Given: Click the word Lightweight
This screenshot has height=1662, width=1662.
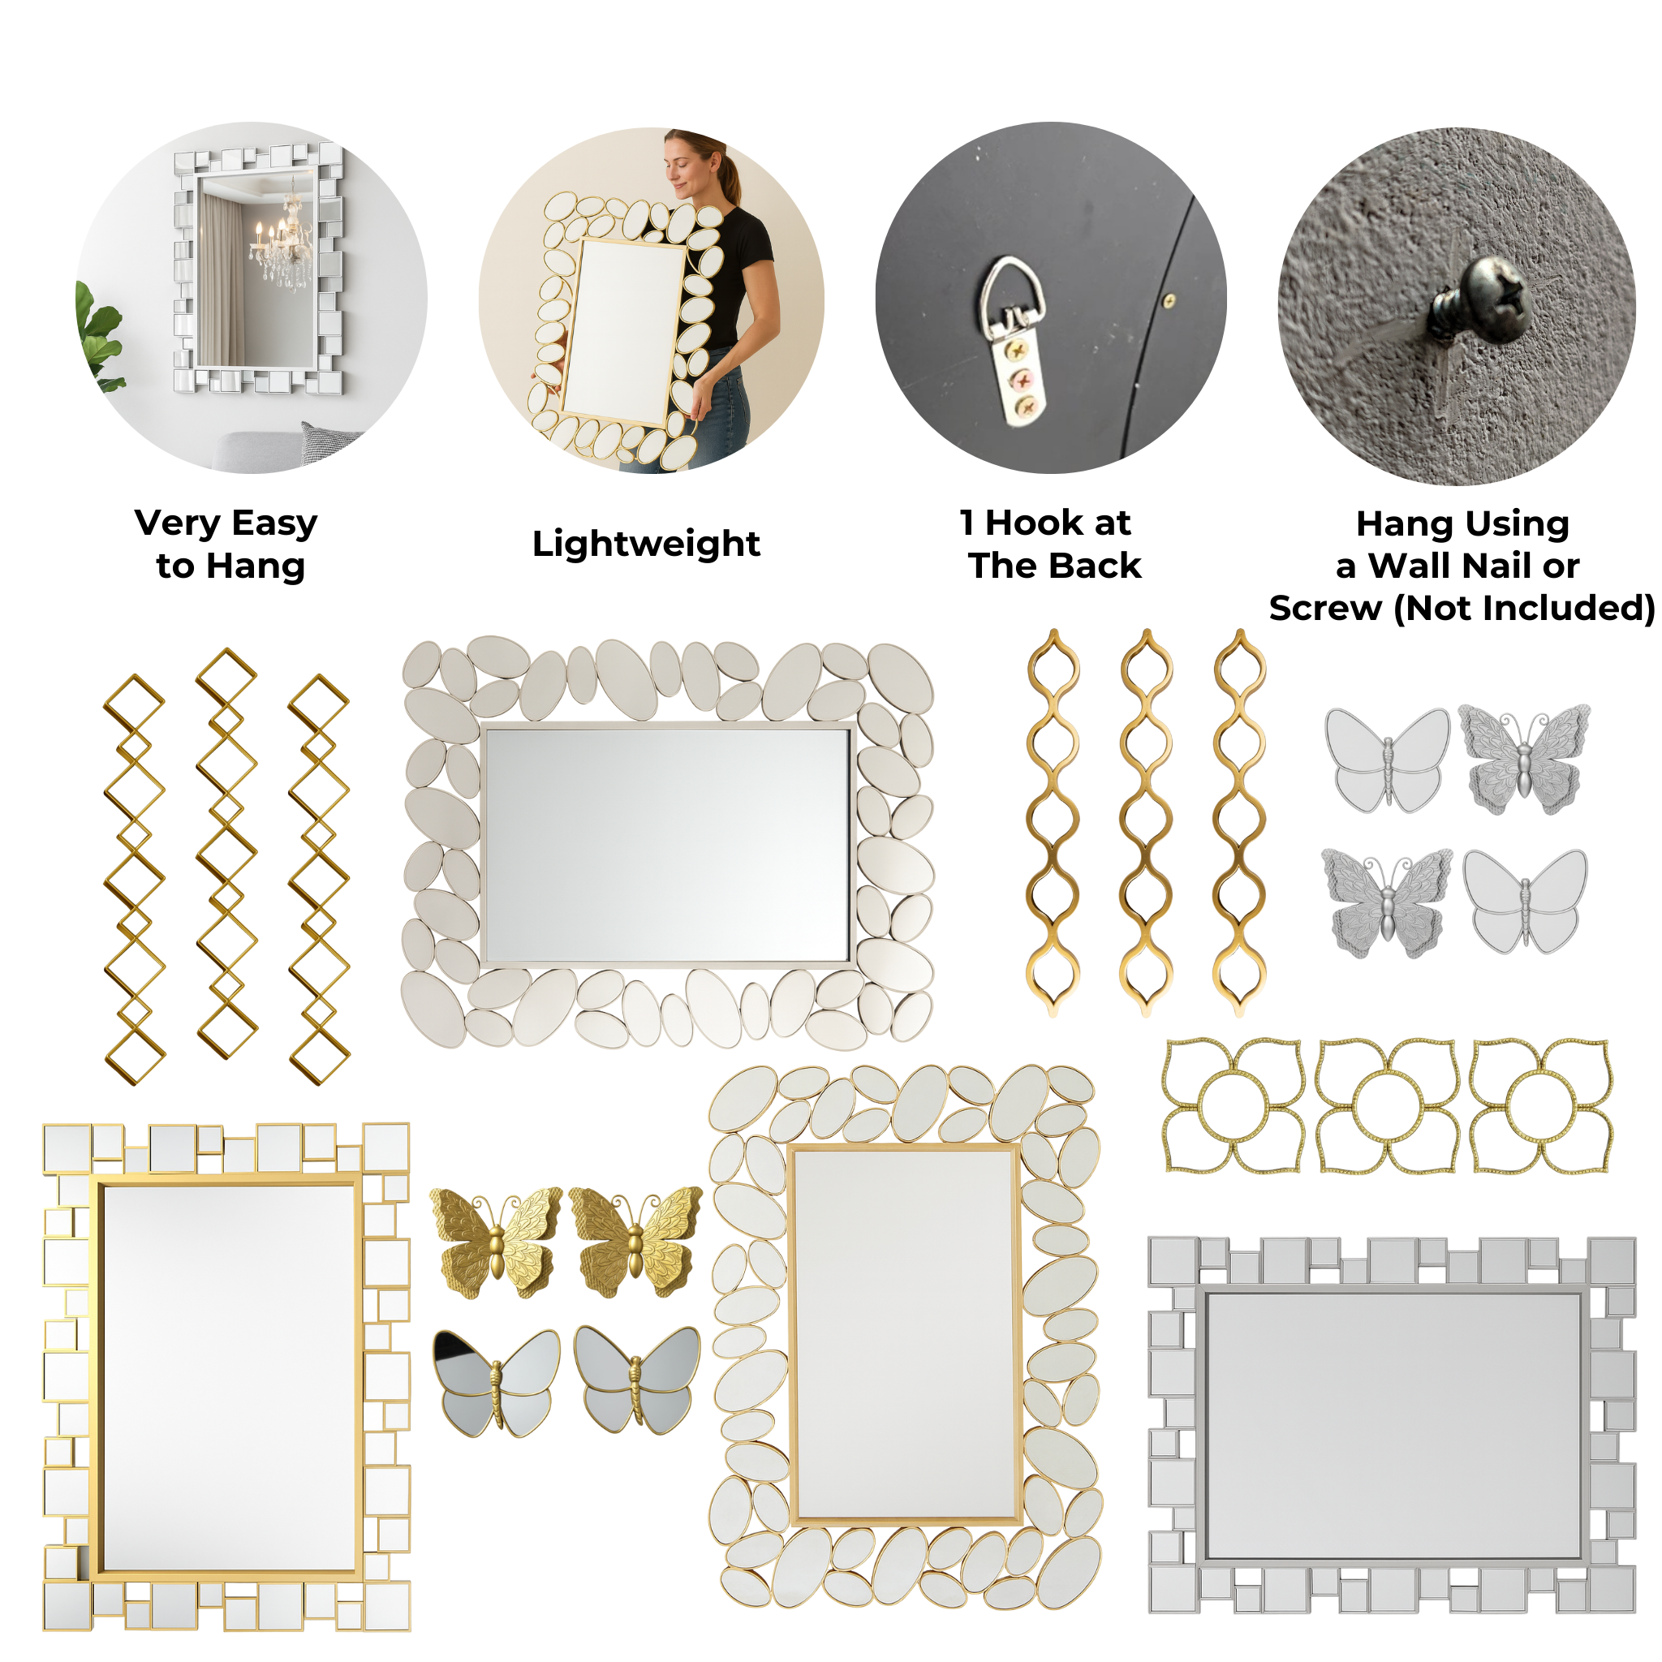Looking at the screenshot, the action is click(646, 545).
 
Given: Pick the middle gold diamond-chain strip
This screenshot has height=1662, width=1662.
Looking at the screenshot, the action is click(226, 854).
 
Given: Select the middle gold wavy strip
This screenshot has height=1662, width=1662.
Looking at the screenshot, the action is click(1147, 822).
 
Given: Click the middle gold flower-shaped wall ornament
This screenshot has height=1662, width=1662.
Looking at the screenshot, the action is click(1387, 1105).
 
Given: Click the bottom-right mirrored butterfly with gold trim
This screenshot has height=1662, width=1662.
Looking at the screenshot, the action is click(636, 1380).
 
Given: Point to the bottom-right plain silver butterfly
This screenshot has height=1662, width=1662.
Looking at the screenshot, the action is click(1525, 902).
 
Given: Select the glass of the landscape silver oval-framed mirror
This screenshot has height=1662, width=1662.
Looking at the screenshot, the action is click(668, 845).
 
